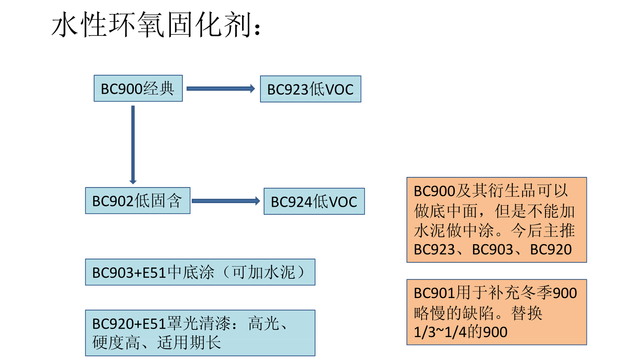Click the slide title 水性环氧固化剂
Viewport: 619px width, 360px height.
tap(156, 25)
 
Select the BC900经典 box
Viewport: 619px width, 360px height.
tap(138, 88)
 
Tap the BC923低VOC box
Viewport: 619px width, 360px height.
tap(310, 89)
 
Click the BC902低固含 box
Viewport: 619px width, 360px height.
tap(137, 201)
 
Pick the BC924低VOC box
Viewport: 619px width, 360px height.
tap(314, 202)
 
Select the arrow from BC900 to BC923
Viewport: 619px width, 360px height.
tap(221, 89)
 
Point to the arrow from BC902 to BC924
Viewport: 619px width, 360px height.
tap(225, 201)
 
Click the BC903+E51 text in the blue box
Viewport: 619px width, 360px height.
tap(129, 273)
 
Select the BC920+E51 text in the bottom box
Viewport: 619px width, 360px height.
tap(129, 324)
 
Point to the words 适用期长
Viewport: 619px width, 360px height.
tap(189, 343)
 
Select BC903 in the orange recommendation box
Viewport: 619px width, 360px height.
tap(492, 250)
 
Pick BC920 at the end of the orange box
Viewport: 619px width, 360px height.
tap(551, 250)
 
